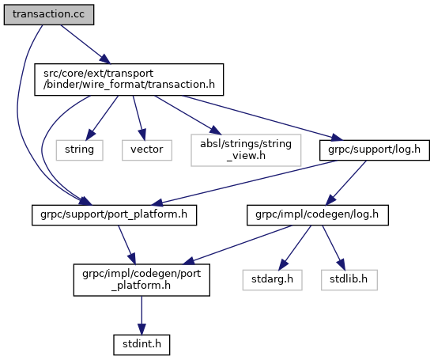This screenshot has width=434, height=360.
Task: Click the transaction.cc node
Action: click(49, 14)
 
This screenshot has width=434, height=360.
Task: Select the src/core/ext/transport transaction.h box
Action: click(129, 79)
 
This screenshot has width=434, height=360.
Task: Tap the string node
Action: click(79, 150)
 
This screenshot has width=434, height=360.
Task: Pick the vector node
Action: click(147, 150)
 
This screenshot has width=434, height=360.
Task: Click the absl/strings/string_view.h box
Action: click(246, 150)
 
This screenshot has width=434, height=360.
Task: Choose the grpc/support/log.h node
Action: click(375, 150)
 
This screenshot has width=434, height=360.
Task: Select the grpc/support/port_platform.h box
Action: click(114, 215)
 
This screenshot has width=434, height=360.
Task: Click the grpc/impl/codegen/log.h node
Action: click(318, 215)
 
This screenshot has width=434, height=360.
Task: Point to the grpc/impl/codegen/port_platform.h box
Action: click(142, 280)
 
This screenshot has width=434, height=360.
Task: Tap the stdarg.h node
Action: click(272, 280)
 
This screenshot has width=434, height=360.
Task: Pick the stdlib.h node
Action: click(349, 280)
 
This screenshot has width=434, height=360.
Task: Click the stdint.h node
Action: click(142, 345)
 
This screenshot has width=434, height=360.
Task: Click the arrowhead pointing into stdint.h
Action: click(142, 329)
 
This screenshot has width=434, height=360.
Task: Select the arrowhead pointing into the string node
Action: click(90, 135)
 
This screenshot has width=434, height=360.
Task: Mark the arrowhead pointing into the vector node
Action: click(142, 135)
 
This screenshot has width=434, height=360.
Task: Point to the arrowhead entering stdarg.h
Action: click(283, 265)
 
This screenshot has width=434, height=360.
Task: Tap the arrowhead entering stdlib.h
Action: click(342, 265)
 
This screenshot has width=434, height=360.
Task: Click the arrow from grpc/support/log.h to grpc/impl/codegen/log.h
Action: click(346, 183)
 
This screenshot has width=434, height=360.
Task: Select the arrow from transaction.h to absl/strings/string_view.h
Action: click(188, 116)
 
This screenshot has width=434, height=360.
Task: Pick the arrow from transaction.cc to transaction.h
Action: click(85, 44)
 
